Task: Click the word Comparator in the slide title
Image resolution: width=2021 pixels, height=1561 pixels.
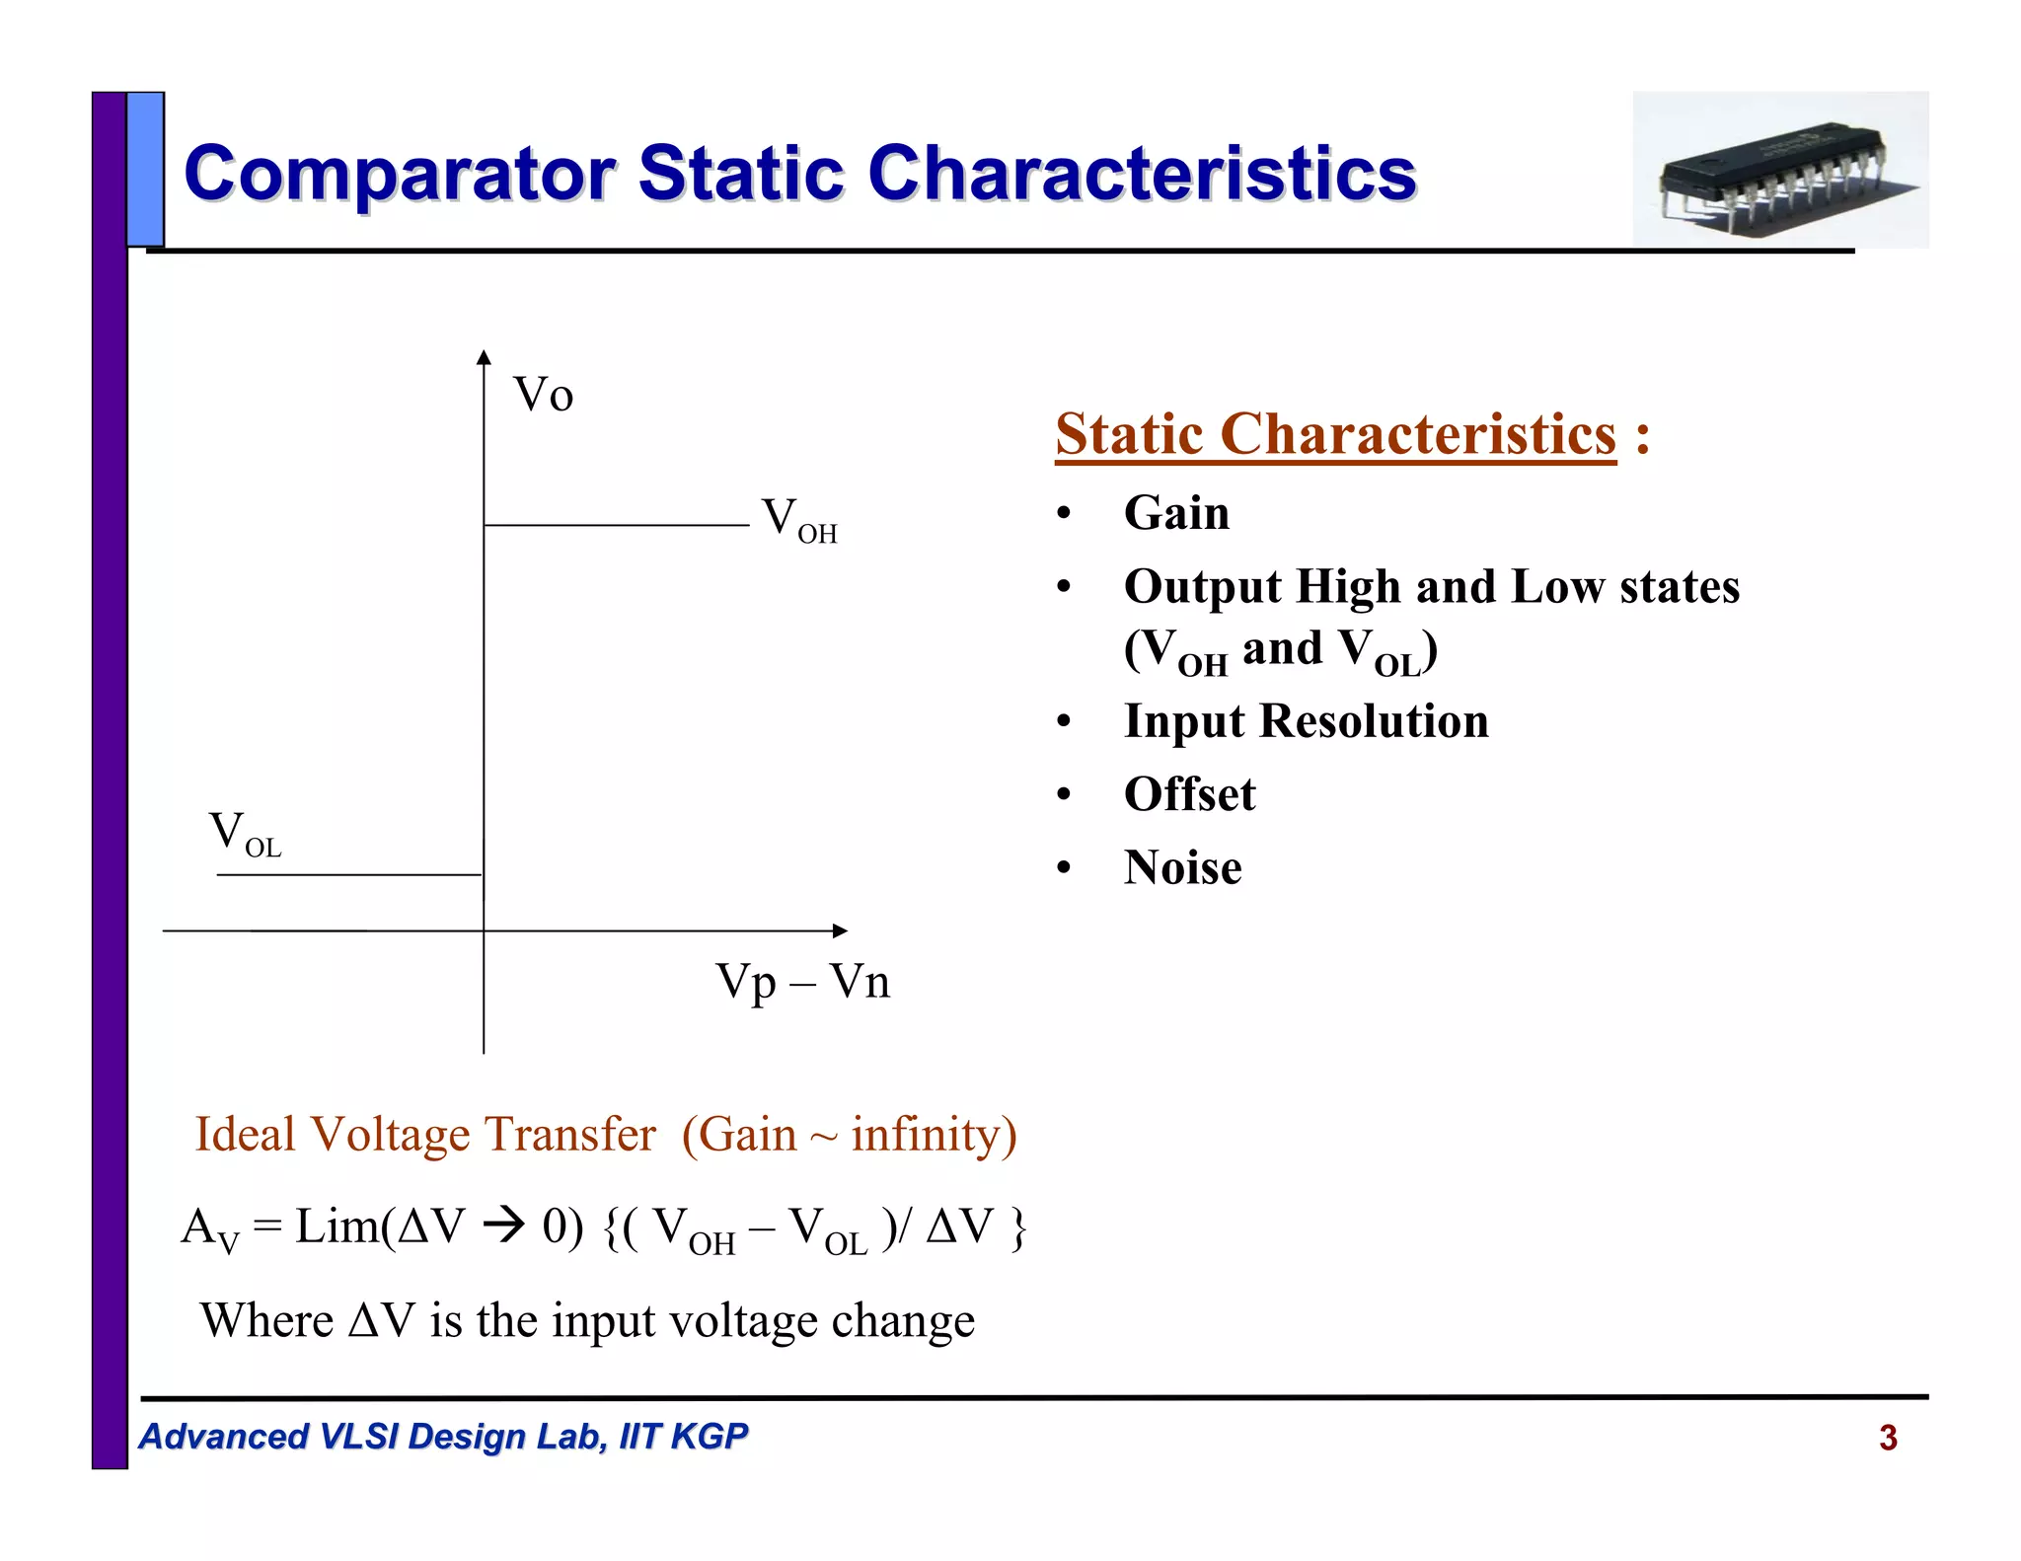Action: coord(400,174)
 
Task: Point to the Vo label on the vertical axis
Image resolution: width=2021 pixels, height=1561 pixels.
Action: coord(543,396)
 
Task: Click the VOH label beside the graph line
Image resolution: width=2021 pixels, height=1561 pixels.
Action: coord(798,519)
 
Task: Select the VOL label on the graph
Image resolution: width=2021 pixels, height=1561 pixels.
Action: coord(245,834)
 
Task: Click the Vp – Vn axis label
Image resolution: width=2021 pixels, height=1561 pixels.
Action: coord(802,982)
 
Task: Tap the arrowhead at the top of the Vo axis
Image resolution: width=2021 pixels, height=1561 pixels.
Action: coord(484,357)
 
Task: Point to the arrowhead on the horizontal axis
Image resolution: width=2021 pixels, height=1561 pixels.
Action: coord(840,930)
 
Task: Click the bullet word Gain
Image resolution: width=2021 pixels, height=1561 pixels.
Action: coord(1176,513)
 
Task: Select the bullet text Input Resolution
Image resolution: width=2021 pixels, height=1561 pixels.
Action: coord(1306,721)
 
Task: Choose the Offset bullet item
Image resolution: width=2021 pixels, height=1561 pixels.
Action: coord(1189,794)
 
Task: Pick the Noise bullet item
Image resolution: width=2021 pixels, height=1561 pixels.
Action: coord(1182,868)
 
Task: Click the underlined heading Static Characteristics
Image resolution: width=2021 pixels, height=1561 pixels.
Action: coord(1335,434)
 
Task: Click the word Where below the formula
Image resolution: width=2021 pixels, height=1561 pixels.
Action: coord(266,1321)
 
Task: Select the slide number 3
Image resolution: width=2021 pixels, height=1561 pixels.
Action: coord(1888,1438)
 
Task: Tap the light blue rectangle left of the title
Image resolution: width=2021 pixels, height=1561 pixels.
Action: coord(145,169)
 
